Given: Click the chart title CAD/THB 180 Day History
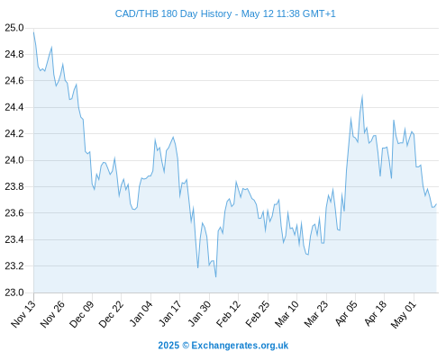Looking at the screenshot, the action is coord(173,13).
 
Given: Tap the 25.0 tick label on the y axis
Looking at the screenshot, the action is coord(14,28).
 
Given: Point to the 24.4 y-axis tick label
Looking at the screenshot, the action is coord(14,107).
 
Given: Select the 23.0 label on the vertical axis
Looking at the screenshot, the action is coord(14,292).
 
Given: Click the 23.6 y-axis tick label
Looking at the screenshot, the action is coord(14,213).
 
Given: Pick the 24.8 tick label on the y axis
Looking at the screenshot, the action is coord(14,54).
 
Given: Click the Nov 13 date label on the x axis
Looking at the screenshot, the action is coord(23,314).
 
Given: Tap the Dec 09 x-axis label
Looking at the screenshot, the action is coord(82,314).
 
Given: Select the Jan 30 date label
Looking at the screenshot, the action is coord(199,314).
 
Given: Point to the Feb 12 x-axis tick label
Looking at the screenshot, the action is coord(229,314).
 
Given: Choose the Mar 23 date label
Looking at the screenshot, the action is coord(316,314).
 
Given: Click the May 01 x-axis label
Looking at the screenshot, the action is coord(405,314).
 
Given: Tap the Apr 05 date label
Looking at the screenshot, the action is coord(346,313).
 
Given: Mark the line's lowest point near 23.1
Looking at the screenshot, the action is coord(216,276).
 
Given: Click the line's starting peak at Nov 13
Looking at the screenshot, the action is coord(33,31).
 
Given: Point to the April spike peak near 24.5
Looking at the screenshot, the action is coord(362,95).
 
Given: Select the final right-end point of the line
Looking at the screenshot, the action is coord(436,204).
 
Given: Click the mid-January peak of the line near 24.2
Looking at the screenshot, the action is coord(173,137).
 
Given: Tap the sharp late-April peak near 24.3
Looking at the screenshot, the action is coord(394,121).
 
